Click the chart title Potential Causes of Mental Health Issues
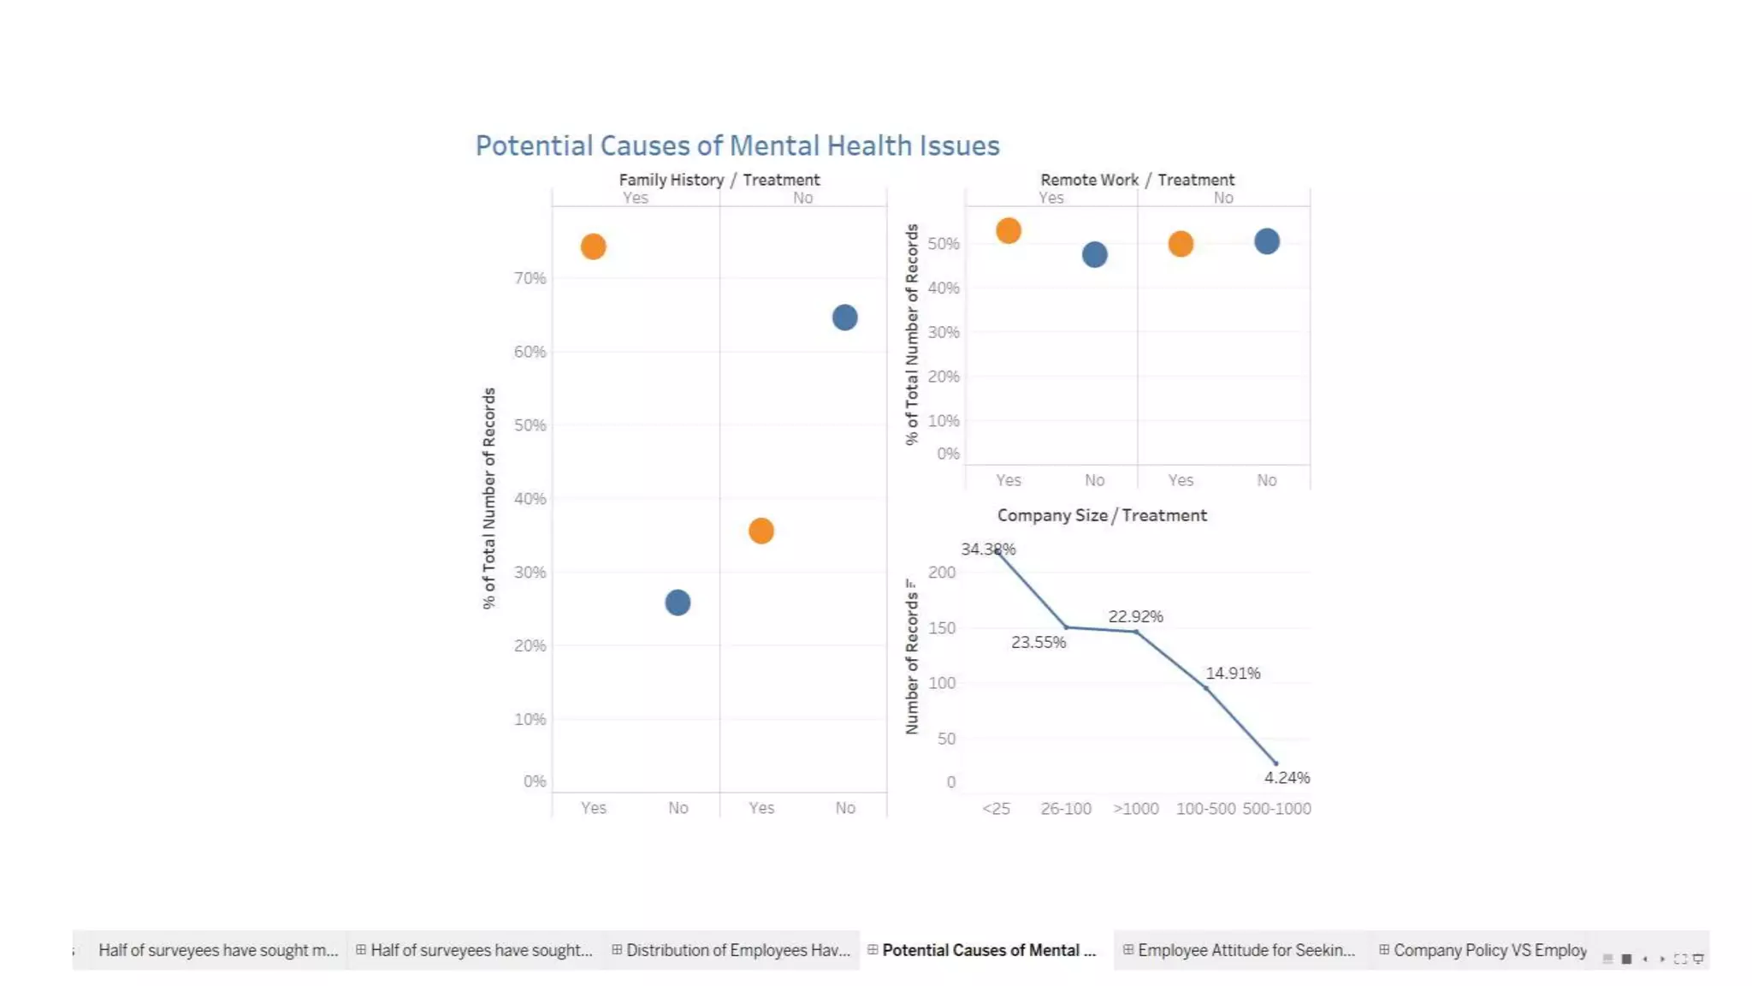click(x=737, y=146)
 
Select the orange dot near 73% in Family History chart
click(x=593, y=246)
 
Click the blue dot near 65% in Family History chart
click(x=844, y=318)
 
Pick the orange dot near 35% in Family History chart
click(x=761, y=531)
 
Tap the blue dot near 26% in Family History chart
click(x=678, y=603)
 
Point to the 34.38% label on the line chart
click(x=987, y=549)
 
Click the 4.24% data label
click(x=1287, y=777)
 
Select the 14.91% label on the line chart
click(x=1233, y=673)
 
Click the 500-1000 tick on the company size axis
click(x=1276, y=808)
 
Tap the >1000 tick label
click(x=1135, y=808)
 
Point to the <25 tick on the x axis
click(x=996, y=808)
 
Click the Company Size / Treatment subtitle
click(x=1102, y=515)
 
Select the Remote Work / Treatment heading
click(x=1137, y=180)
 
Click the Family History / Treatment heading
click(x=719, y=180)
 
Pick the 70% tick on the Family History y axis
click(x=530, y=278)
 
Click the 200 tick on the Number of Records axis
click(x=942, y=572)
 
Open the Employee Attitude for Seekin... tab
click(x=1246, y=950)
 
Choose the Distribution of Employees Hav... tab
click(x=737, y=950)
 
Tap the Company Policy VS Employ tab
click(x=1489, y=950)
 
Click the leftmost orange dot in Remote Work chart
click(x=1009, y=230)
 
